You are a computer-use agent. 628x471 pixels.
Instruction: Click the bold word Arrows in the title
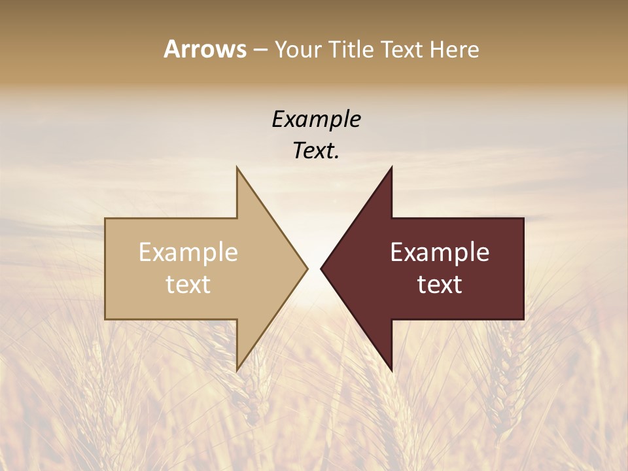pos(205,49)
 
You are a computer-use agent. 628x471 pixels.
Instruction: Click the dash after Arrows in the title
pos(260,50)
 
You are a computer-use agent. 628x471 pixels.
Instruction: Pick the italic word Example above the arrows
pos(316,120)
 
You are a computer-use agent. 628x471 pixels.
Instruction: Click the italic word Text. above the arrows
pos(316,151)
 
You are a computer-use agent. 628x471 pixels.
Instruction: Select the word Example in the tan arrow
pos(188,253)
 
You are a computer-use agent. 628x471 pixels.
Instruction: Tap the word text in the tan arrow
pos(188,285)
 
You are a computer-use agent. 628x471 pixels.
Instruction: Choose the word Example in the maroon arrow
pos(440,253)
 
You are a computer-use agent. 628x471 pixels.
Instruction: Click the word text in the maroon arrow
pos(440,285)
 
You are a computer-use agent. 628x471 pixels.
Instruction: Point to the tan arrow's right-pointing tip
pos(306,268)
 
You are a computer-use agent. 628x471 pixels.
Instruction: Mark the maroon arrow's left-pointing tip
pos(323,268)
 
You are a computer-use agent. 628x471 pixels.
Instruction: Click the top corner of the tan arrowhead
pos(237,169)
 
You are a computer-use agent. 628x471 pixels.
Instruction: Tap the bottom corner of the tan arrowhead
pos(237,369)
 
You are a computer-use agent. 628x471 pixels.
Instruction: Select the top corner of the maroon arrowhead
pos(391,169)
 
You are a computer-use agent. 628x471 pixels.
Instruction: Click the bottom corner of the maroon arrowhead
pos(391,369)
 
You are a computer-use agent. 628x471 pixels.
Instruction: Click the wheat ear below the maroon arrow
pos(504,379)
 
